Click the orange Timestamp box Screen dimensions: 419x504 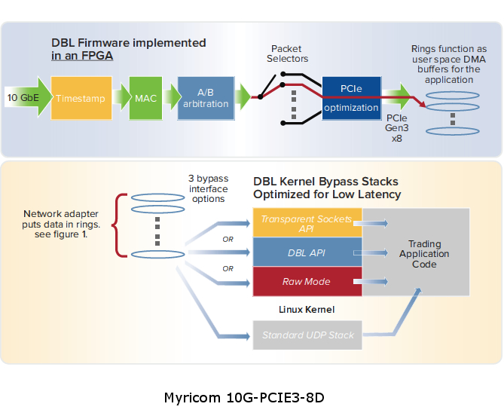pyautogui.click(x=81, y=97)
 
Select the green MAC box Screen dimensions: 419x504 pyautogui.click(x=145, y=97)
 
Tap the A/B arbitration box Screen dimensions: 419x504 pyautogui.click(x=206, y=97)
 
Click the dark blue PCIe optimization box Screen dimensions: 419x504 pyautogui.click(x=350, y=97)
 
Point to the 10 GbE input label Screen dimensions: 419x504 pyautogui.click(x=23, y=97)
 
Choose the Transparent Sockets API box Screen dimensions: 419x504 pyautogui.click(x=307, y=223)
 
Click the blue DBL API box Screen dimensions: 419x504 pyautogui.click(x=307, y=252)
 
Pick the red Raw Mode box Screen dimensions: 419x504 pyautogui.click(x=307, y=281)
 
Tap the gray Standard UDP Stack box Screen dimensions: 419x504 pyautogui.click(x=307, y=335)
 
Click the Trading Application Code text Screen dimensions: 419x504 pyautogui.click(x=424, y=254)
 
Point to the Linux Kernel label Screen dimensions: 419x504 pyautogui.click(x=307, y=310)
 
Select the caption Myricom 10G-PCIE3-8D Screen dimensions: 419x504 pyautogui.click(x=243, y=396)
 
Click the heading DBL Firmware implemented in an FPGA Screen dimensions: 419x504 pyautogui.click(x=128, y=49)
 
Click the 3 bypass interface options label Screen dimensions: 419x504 pyautogui.click(x=206, y=188)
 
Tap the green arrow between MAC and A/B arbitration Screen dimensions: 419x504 pyautogui.click(x=169, y=97)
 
